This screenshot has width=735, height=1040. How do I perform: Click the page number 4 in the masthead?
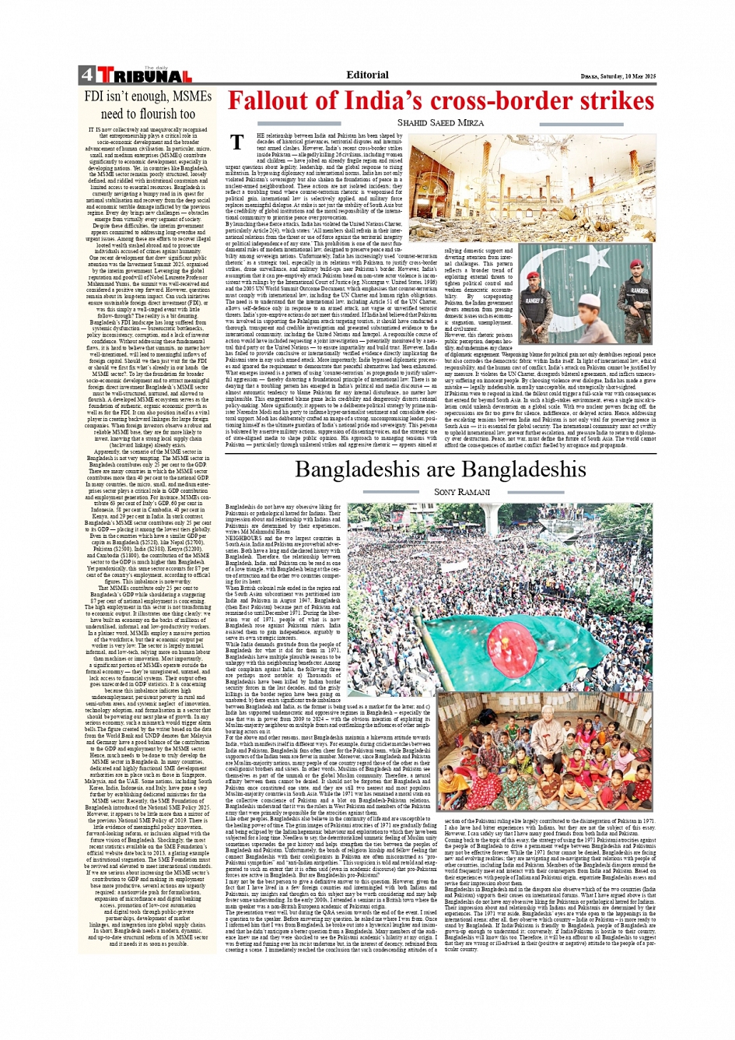click(86, 76)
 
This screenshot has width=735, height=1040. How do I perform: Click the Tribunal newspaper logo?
click(144, 76)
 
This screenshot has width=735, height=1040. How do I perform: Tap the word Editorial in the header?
click(367, 76)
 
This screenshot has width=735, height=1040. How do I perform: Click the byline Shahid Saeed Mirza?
click(440, 123)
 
